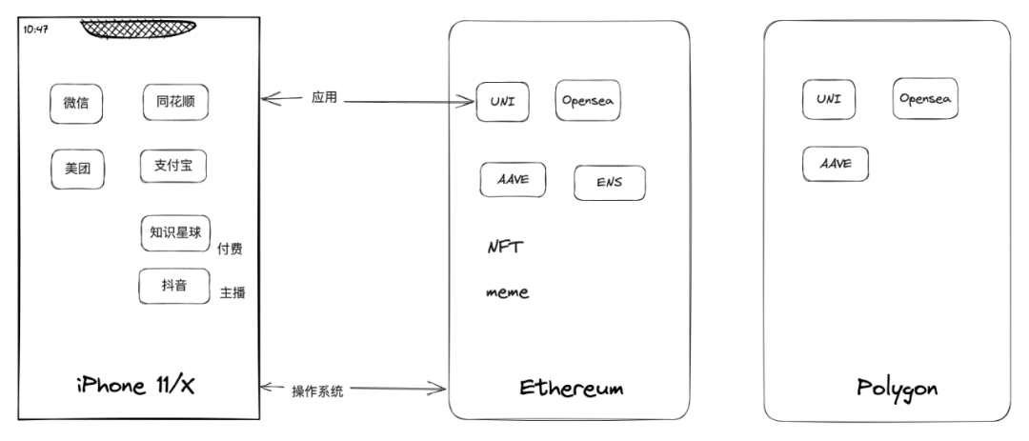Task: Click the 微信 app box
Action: (76, 104)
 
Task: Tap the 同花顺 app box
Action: (175, 101)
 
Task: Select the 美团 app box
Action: (77, 170)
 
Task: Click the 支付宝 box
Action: (172, 166)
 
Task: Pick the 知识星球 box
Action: (174, 233)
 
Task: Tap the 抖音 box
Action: (173, 287)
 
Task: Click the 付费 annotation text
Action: (230, 250)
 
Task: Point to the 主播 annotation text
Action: (232, 292)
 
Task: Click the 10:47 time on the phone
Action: (35, 30)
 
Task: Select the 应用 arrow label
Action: (324, 98)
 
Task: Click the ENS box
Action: (609, 183)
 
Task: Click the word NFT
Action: (505, 247)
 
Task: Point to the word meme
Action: (507, 292)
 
